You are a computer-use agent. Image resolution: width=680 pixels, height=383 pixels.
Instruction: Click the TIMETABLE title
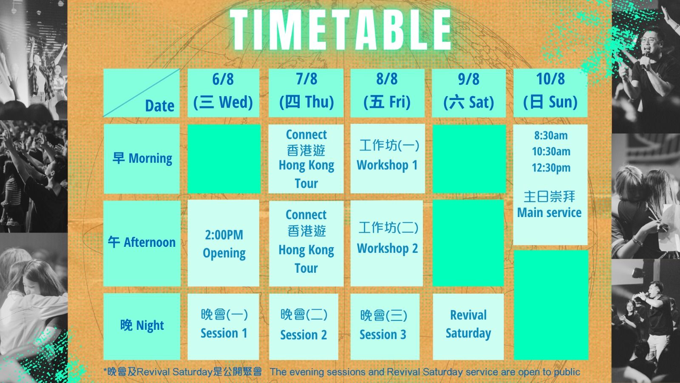pyautogui.click(x=340, y=29)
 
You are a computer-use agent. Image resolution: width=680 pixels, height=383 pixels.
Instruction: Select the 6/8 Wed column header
pyautogui.click(x=224, y=93)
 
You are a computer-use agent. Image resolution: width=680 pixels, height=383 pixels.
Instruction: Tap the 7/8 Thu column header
pyautogui.click(x=306, y=93)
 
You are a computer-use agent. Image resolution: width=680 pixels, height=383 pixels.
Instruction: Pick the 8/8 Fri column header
pyautogui.click(x=388, y=93)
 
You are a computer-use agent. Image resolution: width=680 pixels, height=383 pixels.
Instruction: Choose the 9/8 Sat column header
pyautogui.click(x=469, y=93)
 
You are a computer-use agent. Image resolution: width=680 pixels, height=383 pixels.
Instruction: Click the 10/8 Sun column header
pyautogui.click(x=550, y=93)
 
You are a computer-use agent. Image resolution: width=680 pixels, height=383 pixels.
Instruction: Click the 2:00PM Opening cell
pyautogui.click(x=224, y=243)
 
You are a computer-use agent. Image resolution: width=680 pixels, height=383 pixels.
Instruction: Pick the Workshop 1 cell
pyautogui.click(x=388, y=159)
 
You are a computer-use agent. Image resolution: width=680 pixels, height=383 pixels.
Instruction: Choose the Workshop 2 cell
pyautogui.click(x=387, y=243)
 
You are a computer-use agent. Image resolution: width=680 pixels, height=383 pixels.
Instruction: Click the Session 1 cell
pyautogui.click(x=224, y=327)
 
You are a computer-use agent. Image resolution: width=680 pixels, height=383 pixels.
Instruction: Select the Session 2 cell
pyautogui.click(x=303, y=327)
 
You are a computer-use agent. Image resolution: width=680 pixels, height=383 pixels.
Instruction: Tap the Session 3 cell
pyautogui.click(x=385, y=327)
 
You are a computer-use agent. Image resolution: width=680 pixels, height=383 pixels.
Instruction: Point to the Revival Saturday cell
pyautogui.click(x=468, y=327)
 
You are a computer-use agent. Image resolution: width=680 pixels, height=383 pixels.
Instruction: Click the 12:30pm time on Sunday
pyautogui.click(x=551, y=168)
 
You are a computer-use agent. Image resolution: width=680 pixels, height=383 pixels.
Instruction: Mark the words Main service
pyautogui.click(x=549, y=212)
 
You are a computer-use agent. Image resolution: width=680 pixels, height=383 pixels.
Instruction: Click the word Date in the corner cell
pyautogui.click(x=160, y=106)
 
